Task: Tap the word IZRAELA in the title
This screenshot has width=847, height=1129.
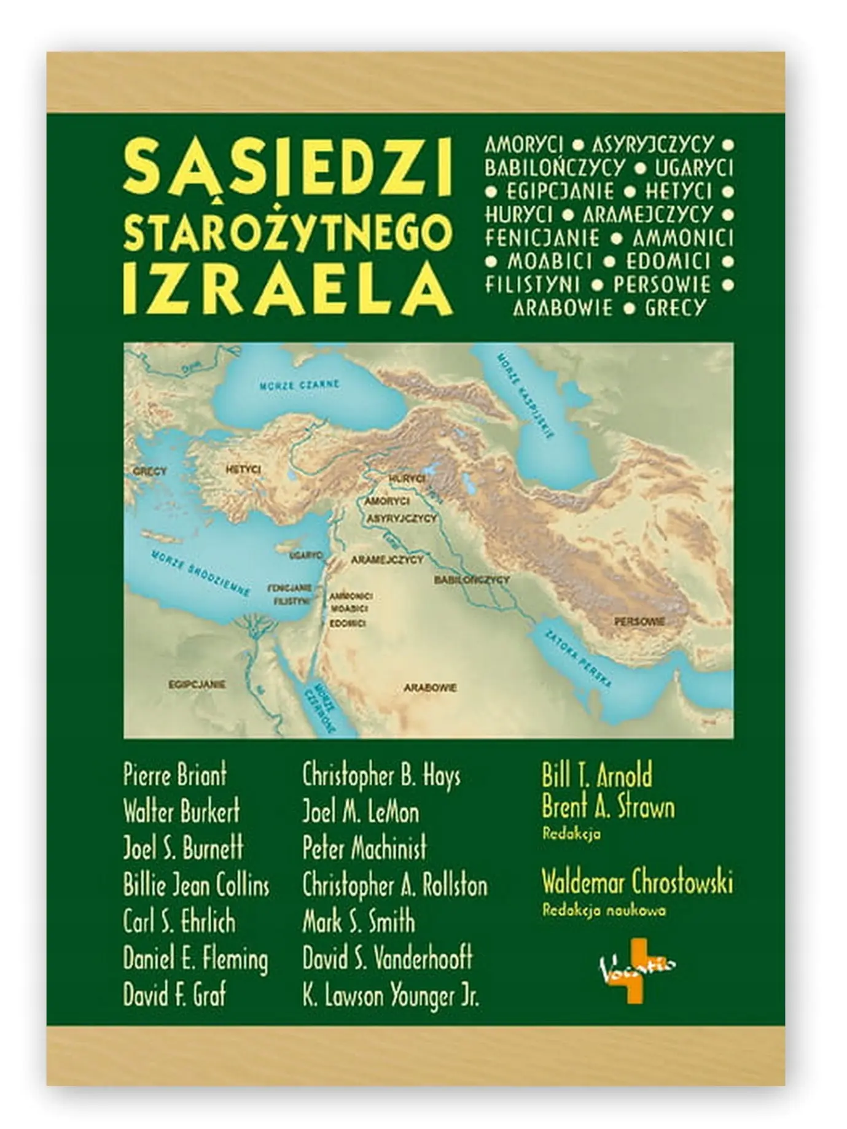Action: tap(288, 289)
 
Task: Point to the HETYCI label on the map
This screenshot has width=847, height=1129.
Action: tap(243, 469)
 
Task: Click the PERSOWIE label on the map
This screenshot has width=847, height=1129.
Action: tap(639, 621)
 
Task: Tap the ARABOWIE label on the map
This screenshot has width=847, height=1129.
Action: tap(430, 688)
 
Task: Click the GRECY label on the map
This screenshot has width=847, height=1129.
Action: tap(150, 471)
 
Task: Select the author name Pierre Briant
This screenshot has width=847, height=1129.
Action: tap(175, 775)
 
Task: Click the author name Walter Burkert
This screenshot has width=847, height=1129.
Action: tap(182, 812)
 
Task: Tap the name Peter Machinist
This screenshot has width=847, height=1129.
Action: tap(364, 848)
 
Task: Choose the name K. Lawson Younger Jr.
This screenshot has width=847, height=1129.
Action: tap(391, 995)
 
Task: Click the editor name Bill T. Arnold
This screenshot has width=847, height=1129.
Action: tap(596, 775)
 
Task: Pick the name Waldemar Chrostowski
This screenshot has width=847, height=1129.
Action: tap(637, 883)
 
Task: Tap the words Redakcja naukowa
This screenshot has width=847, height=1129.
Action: tap(604, 910)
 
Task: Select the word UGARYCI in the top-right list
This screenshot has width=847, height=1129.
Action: tap(694, 167)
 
